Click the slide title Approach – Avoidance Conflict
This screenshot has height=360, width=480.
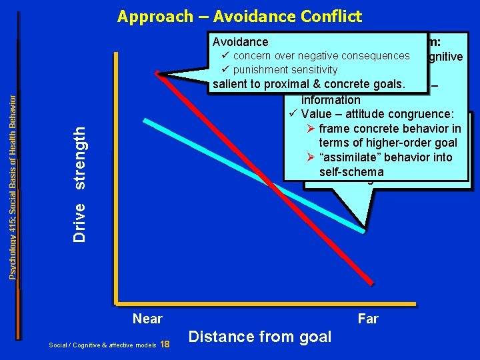pyautogui.click(x=239, y=16)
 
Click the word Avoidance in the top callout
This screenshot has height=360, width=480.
pyautogui.click(x=239, y=42)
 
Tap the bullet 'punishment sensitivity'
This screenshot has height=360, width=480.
pyautogui.click(x=285, y=69)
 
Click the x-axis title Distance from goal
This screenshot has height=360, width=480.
pyautogui.click(x=260, y=337)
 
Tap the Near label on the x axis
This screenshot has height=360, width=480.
pyautogui.click(x=147, y=319)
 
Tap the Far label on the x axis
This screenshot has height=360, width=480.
pyautogui.click(x=367, y=319)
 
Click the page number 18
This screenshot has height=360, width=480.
pyautogui.click(x=165, y=344)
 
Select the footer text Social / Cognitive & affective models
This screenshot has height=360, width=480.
pyautogui.click(x=101, y=345)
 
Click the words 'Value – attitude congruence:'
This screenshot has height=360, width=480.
pyautogui.click(x=377, y=114)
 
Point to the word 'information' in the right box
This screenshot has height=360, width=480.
pyautogui.click(x=331, y=100)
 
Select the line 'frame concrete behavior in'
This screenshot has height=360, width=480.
pyautogui.click(x=389, y=129)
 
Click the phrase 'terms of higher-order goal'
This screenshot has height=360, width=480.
pyautogui.click(x=388, y=143)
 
